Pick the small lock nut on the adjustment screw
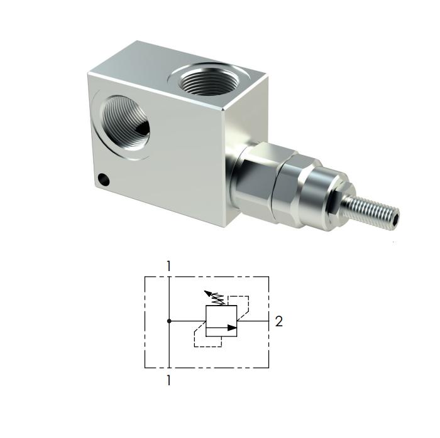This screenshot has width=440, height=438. (344, 200)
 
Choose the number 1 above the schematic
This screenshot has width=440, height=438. (169, 267)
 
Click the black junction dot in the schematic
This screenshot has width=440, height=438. (169, 321)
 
